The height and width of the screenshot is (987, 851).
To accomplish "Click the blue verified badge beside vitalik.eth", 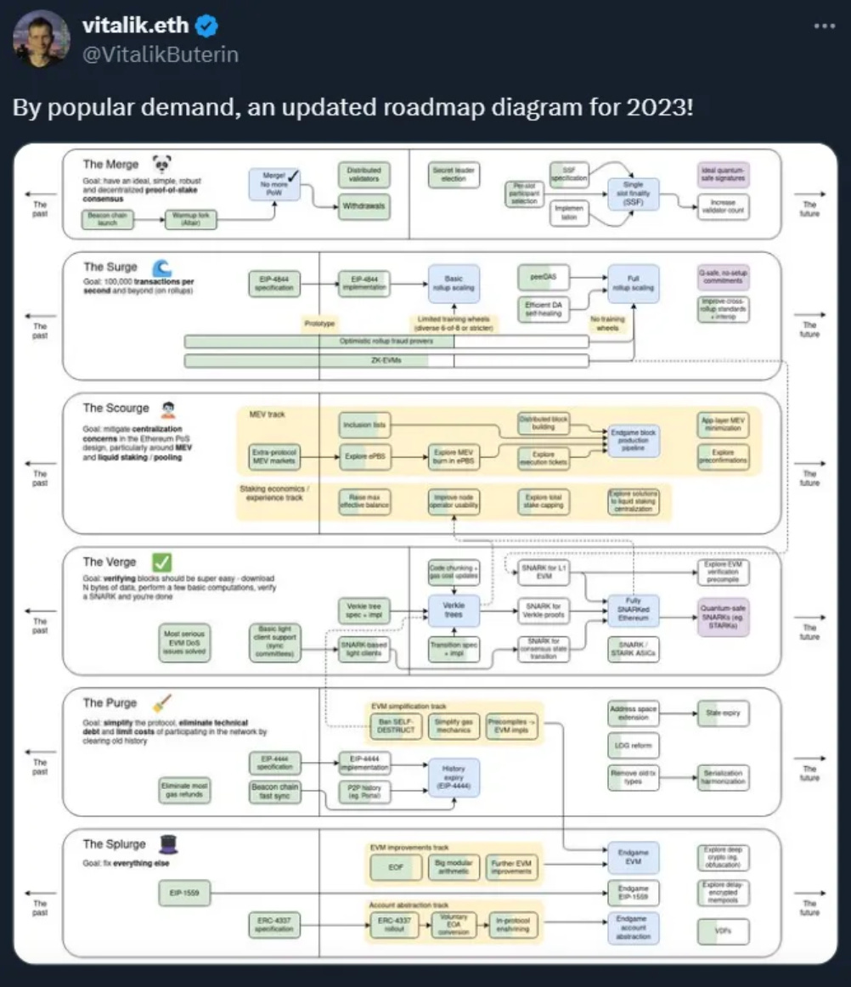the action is (x=207, y=26).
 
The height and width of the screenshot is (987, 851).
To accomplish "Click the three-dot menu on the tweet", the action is (x=825, y=25).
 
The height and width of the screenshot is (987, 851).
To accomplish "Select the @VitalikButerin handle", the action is (x=161, y=54).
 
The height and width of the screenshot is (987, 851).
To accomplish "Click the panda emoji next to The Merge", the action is (x=161, y=163).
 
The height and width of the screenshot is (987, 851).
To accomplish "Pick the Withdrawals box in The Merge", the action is (x=364, y=206).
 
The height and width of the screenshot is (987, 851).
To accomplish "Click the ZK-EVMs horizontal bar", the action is (x=386, y=361).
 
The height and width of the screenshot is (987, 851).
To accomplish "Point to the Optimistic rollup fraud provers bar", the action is (x=386, y=341).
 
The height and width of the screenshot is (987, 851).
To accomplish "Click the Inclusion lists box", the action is (x=364, y=424).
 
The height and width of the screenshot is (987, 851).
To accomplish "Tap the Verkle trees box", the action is (x=454, y=609).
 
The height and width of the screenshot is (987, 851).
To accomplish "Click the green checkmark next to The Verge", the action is (x=161, y=561).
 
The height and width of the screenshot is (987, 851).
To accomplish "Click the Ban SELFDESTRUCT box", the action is (x=396, y=727).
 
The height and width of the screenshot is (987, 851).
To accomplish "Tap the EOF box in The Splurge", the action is (x=396, y=867).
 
